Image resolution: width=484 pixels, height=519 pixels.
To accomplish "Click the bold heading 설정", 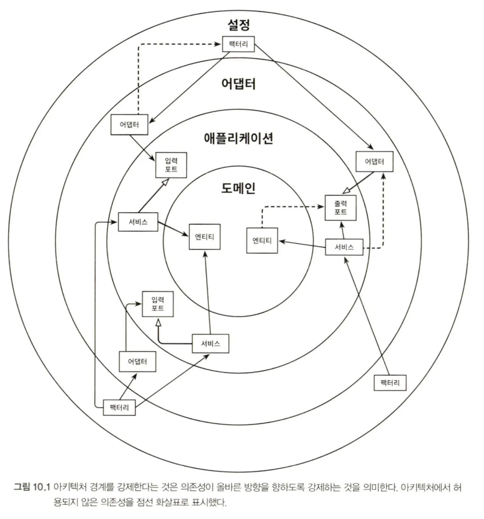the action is point(238,25).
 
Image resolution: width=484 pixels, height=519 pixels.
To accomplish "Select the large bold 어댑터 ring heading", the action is point(238,84).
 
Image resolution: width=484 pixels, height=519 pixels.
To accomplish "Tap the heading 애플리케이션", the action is point(238,139).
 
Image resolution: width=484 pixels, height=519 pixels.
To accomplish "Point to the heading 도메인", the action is point(238,188).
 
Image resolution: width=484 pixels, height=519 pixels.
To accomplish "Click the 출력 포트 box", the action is point(341,208).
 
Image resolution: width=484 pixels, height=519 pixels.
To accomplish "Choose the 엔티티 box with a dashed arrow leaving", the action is point(262,240).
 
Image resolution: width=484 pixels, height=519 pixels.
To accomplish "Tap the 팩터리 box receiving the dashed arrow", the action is point(238,44).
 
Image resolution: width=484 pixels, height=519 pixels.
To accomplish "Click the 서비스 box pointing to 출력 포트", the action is point(344,247).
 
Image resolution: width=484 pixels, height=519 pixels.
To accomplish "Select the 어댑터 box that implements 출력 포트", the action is point(374,162).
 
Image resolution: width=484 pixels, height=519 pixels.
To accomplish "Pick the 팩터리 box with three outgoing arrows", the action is point(119,407).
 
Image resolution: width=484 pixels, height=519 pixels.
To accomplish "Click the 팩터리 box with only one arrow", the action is point(390,383).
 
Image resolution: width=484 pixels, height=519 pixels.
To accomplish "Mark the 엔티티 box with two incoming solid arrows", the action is point(205,237).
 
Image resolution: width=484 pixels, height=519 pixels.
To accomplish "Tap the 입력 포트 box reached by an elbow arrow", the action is point(158,304).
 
